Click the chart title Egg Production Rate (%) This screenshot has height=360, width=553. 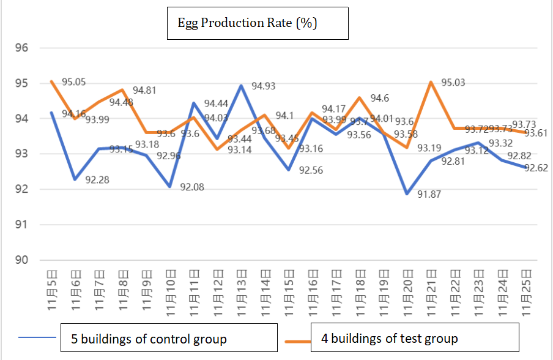[247, 23]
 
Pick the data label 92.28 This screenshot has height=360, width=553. [98, 180]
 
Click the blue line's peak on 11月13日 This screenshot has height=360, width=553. [242, 86]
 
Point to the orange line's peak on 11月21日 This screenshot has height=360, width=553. [431, 82]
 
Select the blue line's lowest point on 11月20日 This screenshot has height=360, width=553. [407, 193]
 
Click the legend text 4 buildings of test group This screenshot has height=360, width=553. [385, 338]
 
